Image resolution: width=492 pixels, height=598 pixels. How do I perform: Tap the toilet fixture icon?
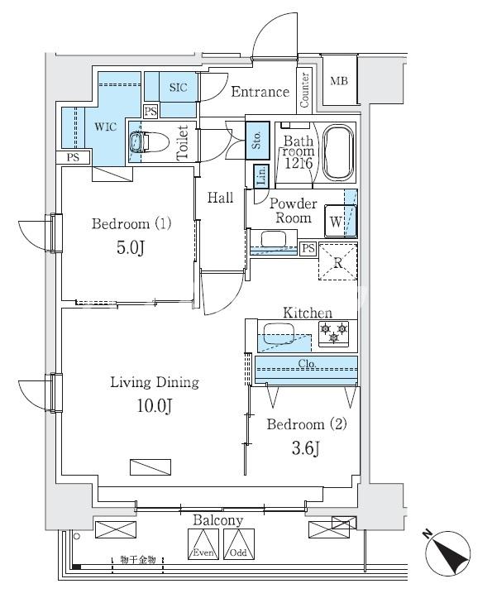(x=146, y=142)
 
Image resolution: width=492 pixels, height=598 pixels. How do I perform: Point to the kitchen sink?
(x=278, y=337)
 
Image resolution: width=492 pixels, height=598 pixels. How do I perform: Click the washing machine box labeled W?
(x=336, y=222)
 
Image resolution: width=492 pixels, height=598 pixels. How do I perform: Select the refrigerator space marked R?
(x=338, y=262)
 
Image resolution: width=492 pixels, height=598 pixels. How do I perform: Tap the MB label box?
(x=339, y=81)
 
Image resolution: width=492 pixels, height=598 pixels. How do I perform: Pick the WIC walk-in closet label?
(x=105, y=127)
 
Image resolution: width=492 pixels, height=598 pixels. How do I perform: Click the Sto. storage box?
(x=256, y=136)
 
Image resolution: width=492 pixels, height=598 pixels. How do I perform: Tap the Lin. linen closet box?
(x=260, y=176)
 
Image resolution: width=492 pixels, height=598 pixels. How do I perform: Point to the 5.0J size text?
(x=130, y=249)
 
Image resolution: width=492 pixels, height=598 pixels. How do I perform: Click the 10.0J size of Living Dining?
(x=155, y=405)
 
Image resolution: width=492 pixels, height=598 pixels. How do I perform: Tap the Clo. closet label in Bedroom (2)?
(x=306, y=363)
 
